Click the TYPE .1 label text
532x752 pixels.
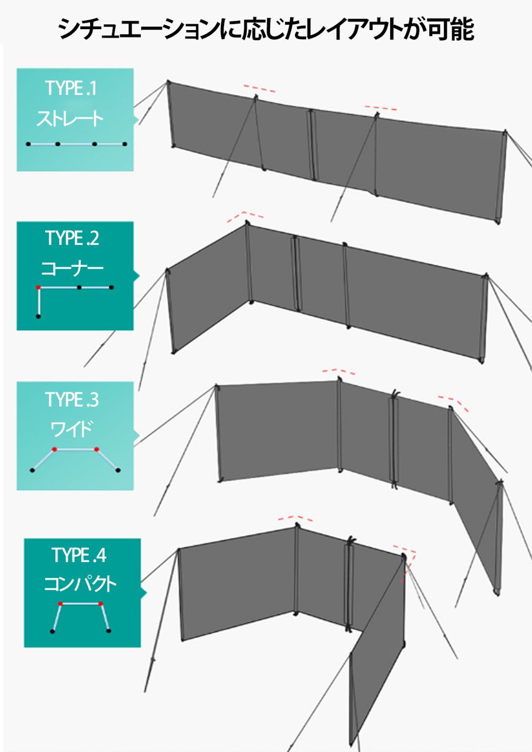pos(71,88)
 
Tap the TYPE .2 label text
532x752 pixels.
pos(72,238)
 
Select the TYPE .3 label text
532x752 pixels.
pos(72,399)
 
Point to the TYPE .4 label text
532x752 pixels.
pos(79,555)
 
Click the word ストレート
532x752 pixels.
pos(70,118)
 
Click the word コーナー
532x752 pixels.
pos(72,269)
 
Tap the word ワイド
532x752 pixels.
pos(71,430)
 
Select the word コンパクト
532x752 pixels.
pos(80,584)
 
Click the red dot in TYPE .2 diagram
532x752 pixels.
pos(38,287)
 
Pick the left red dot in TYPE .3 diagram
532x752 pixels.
pos(54,449)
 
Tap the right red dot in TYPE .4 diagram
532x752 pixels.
pos(100,603)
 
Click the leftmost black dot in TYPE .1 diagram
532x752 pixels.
pos(29,144)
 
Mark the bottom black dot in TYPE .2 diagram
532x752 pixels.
pos(38,316)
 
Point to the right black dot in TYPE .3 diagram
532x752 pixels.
pos(118,470)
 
